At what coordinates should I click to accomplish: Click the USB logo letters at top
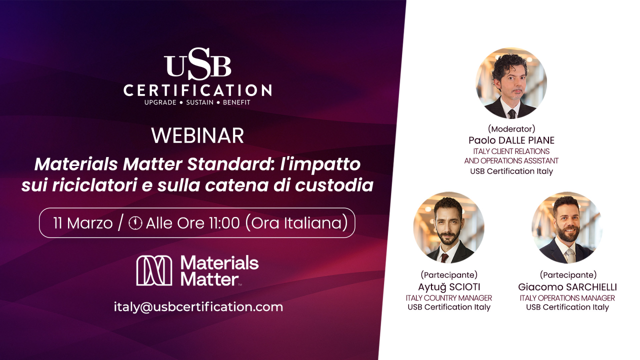(197, 63)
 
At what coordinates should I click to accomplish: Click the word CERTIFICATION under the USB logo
(197, 90)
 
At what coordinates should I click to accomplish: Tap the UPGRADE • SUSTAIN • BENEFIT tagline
(197, 102)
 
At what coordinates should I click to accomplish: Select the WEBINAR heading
(197, 135)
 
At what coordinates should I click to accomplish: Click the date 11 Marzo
(82, 223)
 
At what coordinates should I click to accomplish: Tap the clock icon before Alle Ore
(135, 223)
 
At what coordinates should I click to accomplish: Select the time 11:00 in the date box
(223, 223)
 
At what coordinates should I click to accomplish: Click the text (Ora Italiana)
(296, 223)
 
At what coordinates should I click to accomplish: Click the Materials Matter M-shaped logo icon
(154, 270)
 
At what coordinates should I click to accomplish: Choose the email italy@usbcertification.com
(198, 306)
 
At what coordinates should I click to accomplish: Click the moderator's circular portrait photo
(511, 83)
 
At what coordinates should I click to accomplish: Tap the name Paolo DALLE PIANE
(511, 140)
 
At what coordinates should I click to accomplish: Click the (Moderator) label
(511, 129)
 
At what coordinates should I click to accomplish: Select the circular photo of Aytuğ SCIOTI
(448, 227)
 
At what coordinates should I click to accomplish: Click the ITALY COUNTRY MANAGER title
(448, 298)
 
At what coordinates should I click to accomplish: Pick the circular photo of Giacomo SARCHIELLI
(567, 227)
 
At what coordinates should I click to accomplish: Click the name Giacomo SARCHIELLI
(567, 287)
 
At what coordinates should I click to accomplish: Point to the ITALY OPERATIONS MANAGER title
(567, 298)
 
